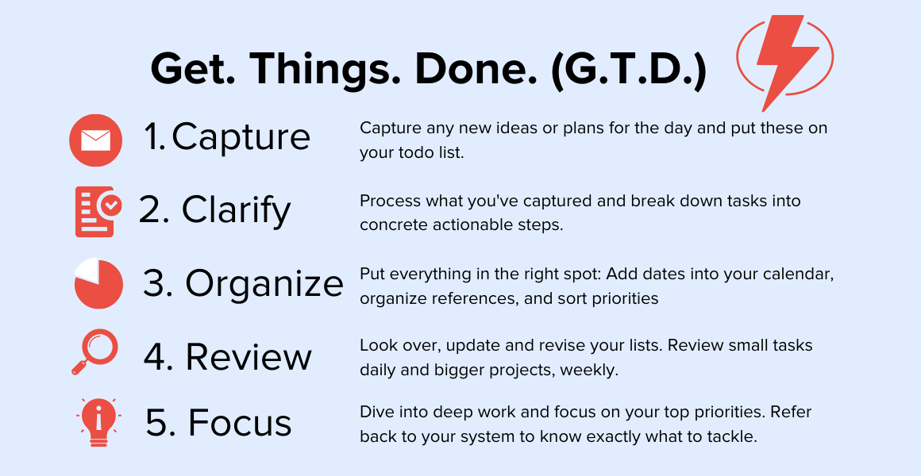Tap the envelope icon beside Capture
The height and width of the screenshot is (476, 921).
tap(96, 140)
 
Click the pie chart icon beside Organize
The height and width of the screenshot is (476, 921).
tap(98, 283)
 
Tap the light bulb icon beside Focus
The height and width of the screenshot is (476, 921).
tap(98, 422)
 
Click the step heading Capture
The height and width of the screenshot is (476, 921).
tap(241, 137)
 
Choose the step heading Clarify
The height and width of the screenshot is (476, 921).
tap(236, 210)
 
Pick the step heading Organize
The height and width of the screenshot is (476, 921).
tap(264, 284)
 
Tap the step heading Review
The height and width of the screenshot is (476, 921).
tap(249, 356)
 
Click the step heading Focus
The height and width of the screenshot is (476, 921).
tap(240, 422)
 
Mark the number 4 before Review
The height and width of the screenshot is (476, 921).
tap(155, 356)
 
